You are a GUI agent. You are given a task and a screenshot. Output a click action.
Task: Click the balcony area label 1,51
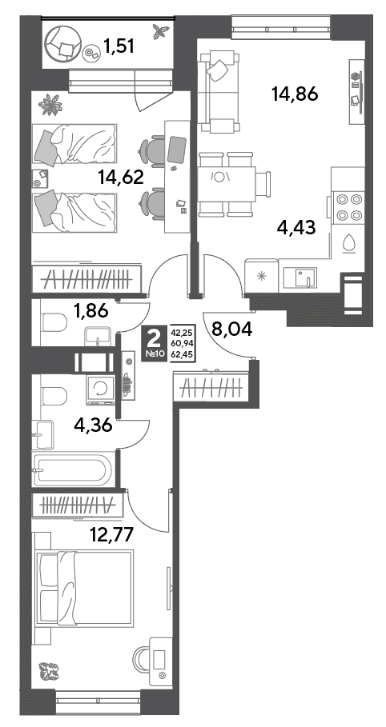point(119,46)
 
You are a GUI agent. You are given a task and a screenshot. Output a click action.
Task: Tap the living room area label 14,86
point(295,94)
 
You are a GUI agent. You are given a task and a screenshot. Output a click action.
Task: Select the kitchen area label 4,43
point(296,228)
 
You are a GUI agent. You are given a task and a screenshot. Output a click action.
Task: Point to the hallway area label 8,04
point(231,330)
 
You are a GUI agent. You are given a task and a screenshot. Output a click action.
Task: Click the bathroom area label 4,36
point(94,425)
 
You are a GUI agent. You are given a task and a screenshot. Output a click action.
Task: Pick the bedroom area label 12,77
point(111,535)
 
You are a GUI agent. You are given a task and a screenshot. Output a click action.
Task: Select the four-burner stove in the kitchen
point(349,207)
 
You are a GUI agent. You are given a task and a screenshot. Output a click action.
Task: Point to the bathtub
point(72,469)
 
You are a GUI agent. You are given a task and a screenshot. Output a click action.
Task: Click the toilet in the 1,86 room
point(54,322)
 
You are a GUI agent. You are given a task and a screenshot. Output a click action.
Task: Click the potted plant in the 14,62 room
point(50,106)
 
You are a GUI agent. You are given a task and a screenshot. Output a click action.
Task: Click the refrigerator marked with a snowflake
point(262,277)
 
